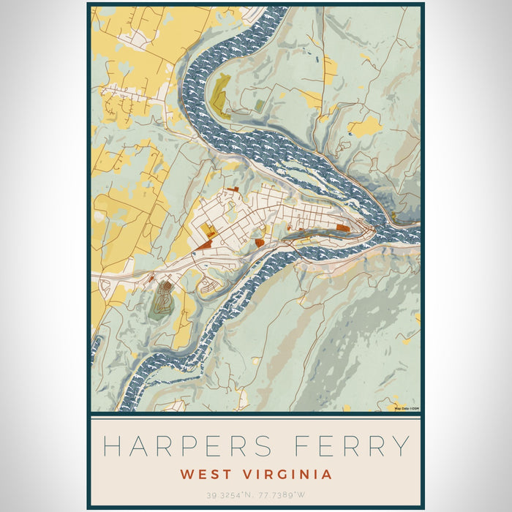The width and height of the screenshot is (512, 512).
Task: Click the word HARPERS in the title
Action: pos(191,445)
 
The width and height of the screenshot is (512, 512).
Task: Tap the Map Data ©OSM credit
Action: pos(407,407)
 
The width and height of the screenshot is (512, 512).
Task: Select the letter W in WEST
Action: pos(187,474)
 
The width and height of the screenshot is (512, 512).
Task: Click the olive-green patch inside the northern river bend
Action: pos(219,94)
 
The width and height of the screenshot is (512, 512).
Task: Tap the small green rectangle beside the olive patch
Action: pos(260,106)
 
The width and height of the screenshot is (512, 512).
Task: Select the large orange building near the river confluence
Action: pos(342,228)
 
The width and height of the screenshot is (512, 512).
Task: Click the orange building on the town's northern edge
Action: pos(233,190)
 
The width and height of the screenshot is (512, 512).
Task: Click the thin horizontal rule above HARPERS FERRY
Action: pos(256,419)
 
